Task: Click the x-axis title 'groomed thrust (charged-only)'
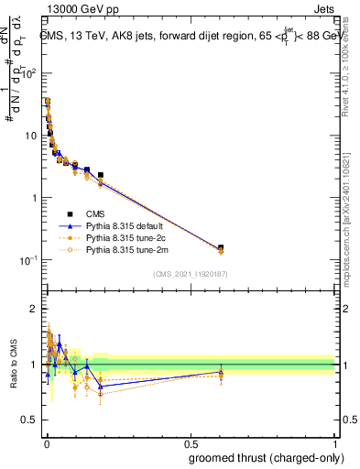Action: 266,457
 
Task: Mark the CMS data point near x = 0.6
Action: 221,247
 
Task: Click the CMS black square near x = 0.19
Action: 101,174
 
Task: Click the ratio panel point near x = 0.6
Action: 221,372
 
